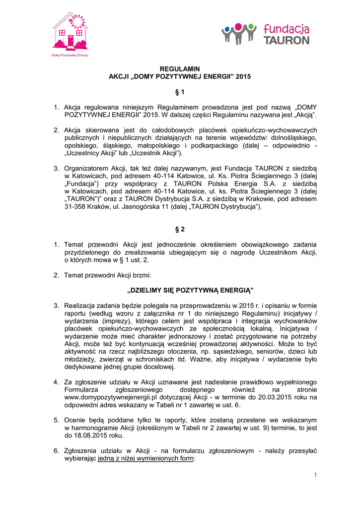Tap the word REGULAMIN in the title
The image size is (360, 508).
coord(180,68)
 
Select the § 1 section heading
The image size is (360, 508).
coord(180,92)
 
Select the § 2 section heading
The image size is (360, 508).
coord(180,229)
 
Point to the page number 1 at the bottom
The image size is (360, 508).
coord(315,475)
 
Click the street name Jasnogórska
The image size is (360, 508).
coord(141,206)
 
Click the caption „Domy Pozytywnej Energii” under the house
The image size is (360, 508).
coord(70,55)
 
